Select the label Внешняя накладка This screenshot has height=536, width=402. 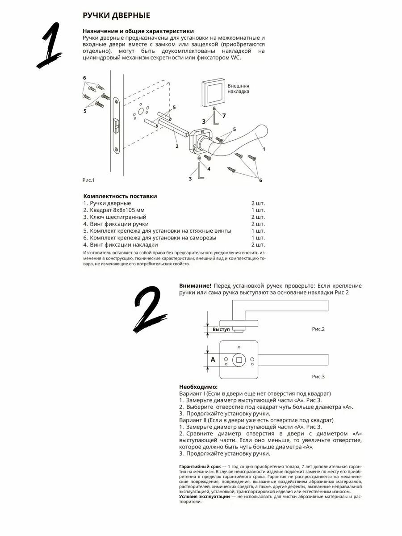[x=238, y=88]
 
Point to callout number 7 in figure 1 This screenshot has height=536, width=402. [x=224, y=116]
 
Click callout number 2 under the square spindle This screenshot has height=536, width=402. [x=177, y=146]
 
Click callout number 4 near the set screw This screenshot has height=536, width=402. [x=209, y=168]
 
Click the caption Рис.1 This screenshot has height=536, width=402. [x=89, y=180]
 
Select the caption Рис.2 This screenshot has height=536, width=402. [x=318, y=329]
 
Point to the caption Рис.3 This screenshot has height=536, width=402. [x=318, y=377]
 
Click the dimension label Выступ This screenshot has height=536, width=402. [x=221, y=329]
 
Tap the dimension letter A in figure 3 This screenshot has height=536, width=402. [x=213, y=359]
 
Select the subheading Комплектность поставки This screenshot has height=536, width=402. [x=120, y=196]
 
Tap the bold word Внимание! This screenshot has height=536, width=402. [x=195, y=285]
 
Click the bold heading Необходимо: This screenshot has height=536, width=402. [x=198, y=386]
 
